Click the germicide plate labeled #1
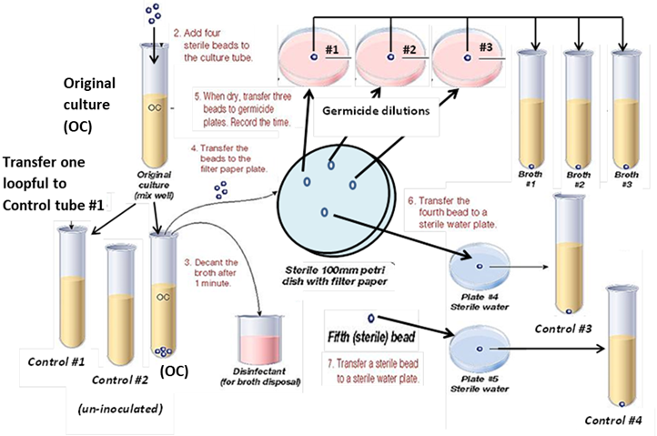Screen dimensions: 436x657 coord(314,56)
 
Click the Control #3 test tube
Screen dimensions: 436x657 coord(570,259)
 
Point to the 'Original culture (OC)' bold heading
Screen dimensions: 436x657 coord(89,99)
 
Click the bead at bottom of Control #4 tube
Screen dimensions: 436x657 coord(621,404)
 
